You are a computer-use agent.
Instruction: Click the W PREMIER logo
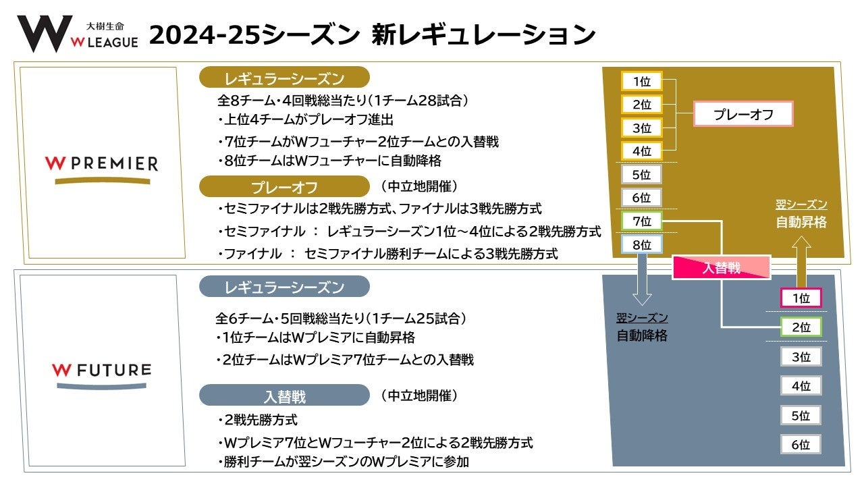pyautogui.click(x=101, y=167)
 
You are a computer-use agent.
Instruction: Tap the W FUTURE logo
pyautogui.click(x=101, y=375)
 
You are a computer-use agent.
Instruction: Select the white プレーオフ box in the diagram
pyautogui.click(x=743, y=115)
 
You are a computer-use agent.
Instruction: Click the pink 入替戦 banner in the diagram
pyautogui.click(x=722, y=268)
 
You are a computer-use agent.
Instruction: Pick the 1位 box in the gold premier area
pyautogui.click(x=641, y=82)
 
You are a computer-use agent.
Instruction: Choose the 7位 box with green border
pyautogui.click(x=641, y=221)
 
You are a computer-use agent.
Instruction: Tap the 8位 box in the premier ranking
pyautogui.click(x=641, y=244)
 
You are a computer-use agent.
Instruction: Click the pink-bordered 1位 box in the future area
pyautogui.click(x=801, y=298)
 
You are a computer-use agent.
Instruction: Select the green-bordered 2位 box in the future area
pyautogui.click(x=801, y=327)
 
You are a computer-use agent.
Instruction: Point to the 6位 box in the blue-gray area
pyautogui.click(x=801, y=444)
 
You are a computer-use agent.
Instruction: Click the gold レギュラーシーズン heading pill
pyautogui.click(x=284, y=79)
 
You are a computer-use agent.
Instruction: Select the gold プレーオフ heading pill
pyautogui.click(x=284, y=186)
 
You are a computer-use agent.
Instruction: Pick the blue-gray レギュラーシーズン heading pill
pyautogui.click(x=284, y=287)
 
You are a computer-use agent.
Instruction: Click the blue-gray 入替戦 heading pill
pyautogui.click(x=284, y=396)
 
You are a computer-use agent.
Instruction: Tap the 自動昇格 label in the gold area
pyautogui.click(x=801, y=222)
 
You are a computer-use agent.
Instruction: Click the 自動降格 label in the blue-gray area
pyautogui.click(x=641, y=335)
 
